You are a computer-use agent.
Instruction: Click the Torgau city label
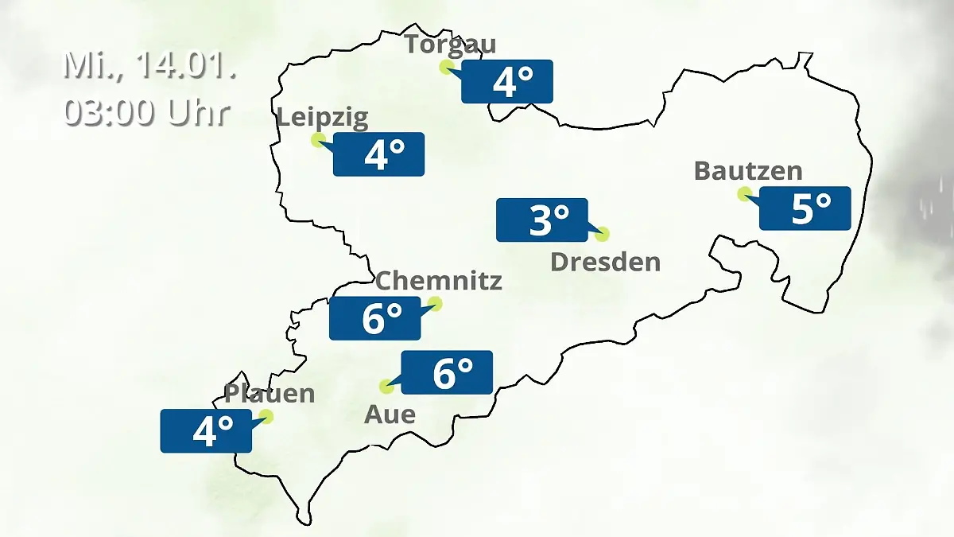pyautogui.click(x=450, y=44)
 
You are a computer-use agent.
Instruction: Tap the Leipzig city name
pyautogui.click(x=323, y=119)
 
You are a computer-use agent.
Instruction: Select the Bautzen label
pyautogui.click(x=748, y=171)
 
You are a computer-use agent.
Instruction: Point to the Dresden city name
pyautogui.click(x=605, y=262)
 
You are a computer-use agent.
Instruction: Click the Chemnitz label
pyautogui.click(x=438, y=280)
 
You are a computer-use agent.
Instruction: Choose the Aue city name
pyautogui.click(x=390, y=414)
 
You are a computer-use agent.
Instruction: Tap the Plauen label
pyautogui.click(x=270, y=393)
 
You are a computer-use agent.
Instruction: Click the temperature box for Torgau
pyautogui.click(x=507, y=81)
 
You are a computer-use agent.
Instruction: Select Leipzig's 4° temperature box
pyautogui.click(x=378, y=154)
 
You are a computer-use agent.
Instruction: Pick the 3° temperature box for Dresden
pyautogui.click(x=542, y=220)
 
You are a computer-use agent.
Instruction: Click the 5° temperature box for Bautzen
pyautogui.click(x=805, y=208)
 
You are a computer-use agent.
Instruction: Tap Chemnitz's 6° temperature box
pyautogui.click(x=375, y=318)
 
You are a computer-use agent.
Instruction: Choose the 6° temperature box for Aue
pyautogui.click(x=447, y=372)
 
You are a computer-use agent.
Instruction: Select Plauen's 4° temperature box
pyautogui.click(x=206, y=431)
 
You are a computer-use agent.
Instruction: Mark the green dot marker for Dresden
pyautogui.click(x=602, y=234)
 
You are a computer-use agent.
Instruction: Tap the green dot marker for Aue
pyautogui.click(x=387, y=387)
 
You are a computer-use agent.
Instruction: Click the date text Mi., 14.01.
pyautogui.click(x=149, y=65)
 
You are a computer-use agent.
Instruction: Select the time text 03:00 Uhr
pyautogui.click(x=147, y=112)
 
